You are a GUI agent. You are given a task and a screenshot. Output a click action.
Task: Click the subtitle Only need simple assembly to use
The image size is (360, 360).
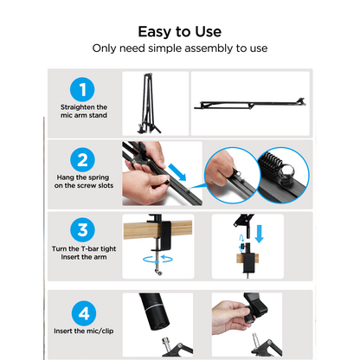[x=179, y=48]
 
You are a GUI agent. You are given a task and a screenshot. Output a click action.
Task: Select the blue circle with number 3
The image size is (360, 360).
[x=82, y=230]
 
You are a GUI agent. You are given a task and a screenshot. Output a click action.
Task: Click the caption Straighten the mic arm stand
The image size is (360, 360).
[x=82, y=112]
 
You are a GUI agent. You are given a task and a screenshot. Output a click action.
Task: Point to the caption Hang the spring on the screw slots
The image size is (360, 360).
[x=82, y=183]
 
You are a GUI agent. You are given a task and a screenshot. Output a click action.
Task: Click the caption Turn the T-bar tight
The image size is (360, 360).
[x=82, y=250]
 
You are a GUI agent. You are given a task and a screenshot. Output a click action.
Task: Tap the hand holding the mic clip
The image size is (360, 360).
[x=231, y=316]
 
